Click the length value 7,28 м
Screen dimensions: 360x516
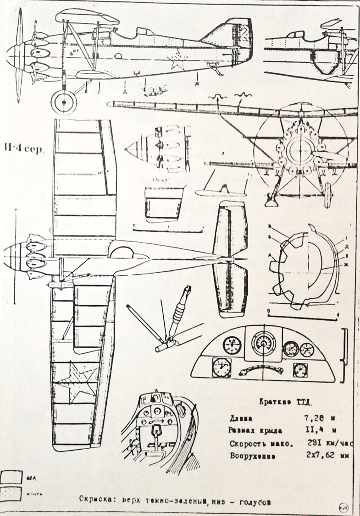coord(317,418)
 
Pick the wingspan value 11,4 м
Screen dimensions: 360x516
coord(317,430)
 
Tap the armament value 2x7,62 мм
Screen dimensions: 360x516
coord(324,456)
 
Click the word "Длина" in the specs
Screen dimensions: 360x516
coord(242,418)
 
